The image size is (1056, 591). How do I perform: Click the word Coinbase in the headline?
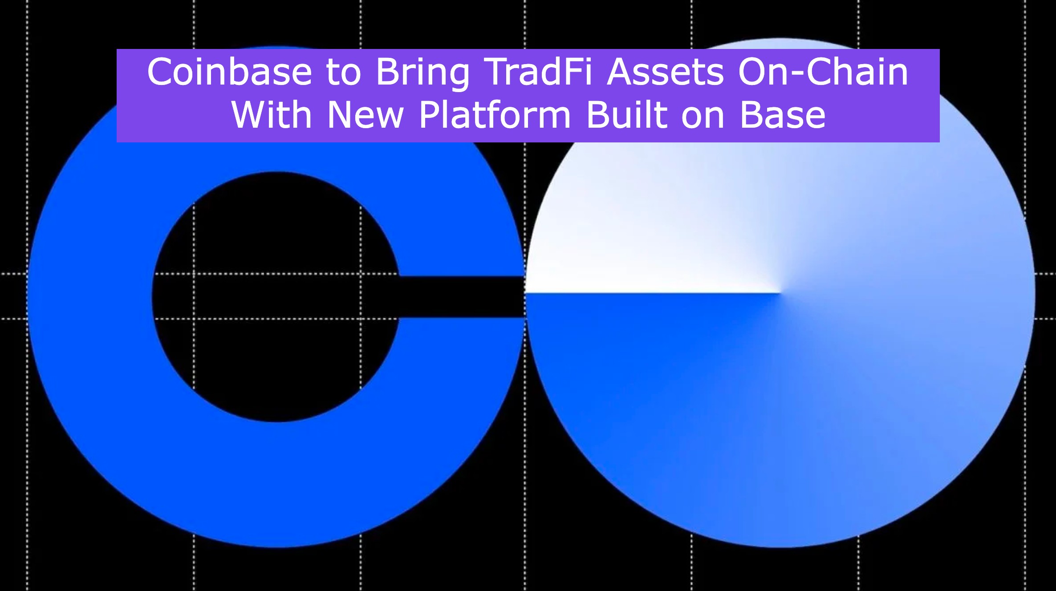(x=229, y=72)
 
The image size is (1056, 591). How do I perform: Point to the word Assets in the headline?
(x=665, y=72)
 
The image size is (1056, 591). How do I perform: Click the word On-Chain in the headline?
(x=823, y=72)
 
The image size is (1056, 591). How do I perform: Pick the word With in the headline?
(x=272, y=115)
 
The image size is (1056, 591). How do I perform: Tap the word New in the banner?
(x=366, y=115)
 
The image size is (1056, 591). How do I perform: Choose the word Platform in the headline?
(x=495, y=115)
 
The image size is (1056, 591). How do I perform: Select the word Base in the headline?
(x=782, y=115)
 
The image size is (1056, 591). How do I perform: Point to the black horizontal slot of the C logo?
(x=463, y=297)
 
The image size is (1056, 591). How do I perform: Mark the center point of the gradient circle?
(x=780, y=293)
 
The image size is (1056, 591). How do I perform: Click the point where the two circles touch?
(x=525, y=297)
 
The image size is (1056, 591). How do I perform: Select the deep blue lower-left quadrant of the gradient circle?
(x=646, y=378)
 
